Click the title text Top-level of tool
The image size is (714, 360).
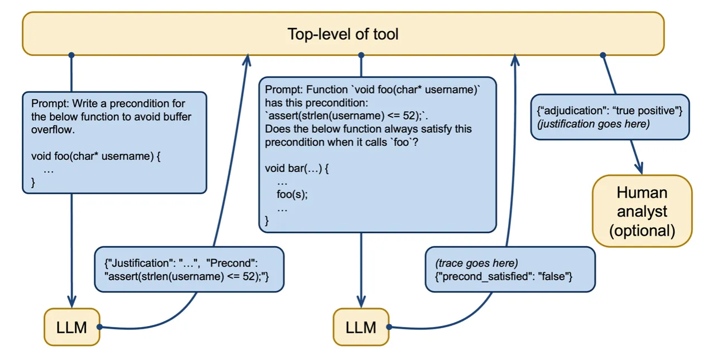(342, 34)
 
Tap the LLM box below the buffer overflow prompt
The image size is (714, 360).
(71, 327)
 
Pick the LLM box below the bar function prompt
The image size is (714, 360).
(361, 327)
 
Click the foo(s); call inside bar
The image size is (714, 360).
(292, 194)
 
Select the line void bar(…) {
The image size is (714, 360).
(297, 169)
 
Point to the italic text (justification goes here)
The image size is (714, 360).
(593, 123)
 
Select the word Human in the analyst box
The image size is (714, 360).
(641, 193)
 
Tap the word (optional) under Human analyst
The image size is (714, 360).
(641, 230)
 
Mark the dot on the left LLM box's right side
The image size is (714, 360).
(99, 327)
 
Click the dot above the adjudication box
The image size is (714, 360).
(602, 55)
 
